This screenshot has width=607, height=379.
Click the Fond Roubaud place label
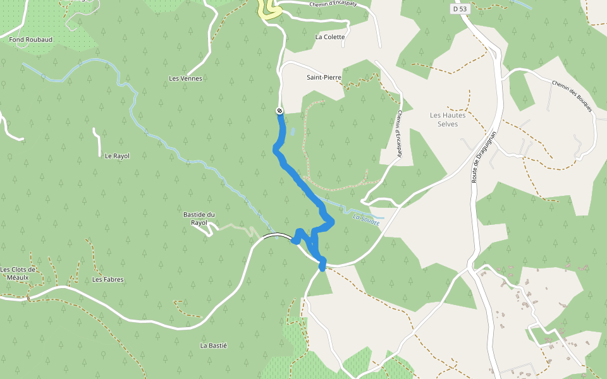30,39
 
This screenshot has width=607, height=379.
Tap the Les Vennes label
185,78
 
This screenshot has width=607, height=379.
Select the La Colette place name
330,37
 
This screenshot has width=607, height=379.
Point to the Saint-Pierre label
324,78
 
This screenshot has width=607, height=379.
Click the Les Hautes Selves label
448,119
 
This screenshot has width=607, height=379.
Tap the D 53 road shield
459,9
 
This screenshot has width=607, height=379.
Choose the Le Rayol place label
117,155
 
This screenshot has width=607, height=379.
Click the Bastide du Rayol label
200,219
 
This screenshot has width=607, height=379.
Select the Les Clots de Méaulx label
18,274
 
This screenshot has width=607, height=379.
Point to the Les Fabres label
108,279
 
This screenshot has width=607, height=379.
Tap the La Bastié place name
213,346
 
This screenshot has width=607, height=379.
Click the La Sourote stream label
366,219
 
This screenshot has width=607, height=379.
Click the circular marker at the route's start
279,111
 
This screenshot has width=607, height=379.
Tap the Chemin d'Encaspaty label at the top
334,4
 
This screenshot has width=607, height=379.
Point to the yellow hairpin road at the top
269,11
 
